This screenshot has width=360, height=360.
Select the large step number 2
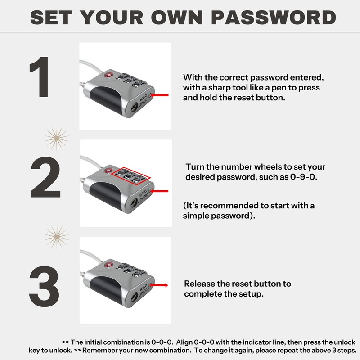[45, 180]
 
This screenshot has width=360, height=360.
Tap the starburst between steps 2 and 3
[56, 237]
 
